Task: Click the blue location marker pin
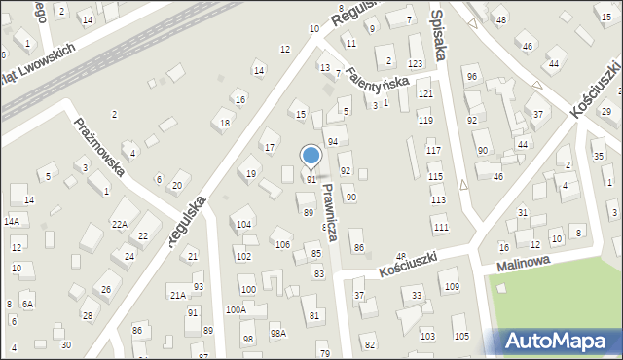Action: click(x=311, y=156)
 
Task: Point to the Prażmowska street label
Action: click(x=99, y=147)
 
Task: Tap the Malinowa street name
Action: click(x=524, y=263)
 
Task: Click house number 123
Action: click(x=416, y=63)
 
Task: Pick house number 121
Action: click(x=425, y=94)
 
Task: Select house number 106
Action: click(x=282, y=244)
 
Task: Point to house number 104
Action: click(x=243, y=225)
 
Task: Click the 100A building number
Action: click(x=236, y=309)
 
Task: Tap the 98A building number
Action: click(x=278, y=333)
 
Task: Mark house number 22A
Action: click(x=119, y=225)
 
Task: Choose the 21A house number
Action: click(x=177, y=295)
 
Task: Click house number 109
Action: click(x=452, y=287)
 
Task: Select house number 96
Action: click(x=472, y=77)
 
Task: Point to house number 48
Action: click(x=500, y=20)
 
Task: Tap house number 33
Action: click(x=417, y=295)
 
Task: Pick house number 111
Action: click(x=441, y=227)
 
